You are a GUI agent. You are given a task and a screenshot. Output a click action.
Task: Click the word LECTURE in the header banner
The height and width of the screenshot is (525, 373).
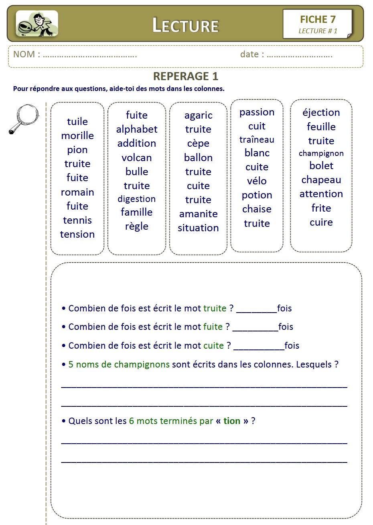pos(185,25)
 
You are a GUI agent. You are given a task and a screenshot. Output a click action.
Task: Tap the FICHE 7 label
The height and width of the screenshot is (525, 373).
pos(318,19)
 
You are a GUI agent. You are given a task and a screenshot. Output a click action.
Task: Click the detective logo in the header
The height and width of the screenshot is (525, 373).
pos(37,24)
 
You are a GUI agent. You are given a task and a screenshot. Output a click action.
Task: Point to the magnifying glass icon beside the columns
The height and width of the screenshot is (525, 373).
pos(23,118)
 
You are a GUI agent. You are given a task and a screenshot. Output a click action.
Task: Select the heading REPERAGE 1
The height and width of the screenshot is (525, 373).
pos(186,76)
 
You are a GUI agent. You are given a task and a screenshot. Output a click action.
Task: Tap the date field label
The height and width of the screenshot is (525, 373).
pos(252,55)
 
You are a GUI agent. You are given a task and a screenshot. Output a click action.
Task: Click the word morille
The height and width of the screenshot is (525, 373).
pos(77,135)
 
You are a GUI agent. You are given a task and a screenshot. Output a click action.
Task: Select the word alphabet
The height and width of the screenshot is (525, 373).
pos(137,129)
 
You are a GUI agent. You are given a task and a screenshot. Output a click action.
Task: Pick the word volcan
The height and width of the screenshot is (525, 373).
pos(137,157)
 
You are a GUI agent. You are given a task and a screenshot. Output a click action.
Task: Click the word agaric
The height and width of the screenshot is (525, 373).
pos(198,115)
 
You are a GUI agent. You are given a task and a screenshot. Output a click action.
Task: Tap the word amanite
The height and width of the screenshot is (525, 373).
pos(198,214)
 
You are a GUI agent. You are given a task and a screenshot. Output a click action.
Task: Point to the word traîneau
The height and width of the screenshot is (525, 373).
pos(257,139)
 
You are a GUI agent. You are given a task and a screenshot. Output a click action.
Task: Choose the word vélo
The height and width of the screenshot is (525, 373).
pos(257,181)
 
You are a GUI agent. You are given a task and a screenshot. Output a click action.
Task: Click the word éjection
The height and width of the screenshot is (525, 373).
pos(321,113)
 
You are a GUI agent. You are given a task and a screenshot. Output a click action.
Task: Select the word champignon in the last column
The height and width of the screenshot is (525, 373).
pos(321,153)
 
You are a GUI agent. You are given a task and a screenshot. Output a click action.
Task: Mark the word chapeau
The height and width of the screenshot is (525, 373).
pos(321,180)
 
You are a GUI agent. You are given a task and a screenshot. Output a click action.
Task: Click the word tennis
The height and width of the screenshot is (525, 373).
pos(77,220)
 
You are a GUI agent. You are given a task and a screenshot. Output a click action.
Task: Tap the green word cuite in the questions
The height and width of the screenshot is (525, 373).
pos(213,345)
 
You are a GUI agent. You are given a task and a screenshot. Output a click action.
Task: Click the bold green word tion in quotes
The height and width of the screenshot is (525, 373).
pos(232,421)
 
